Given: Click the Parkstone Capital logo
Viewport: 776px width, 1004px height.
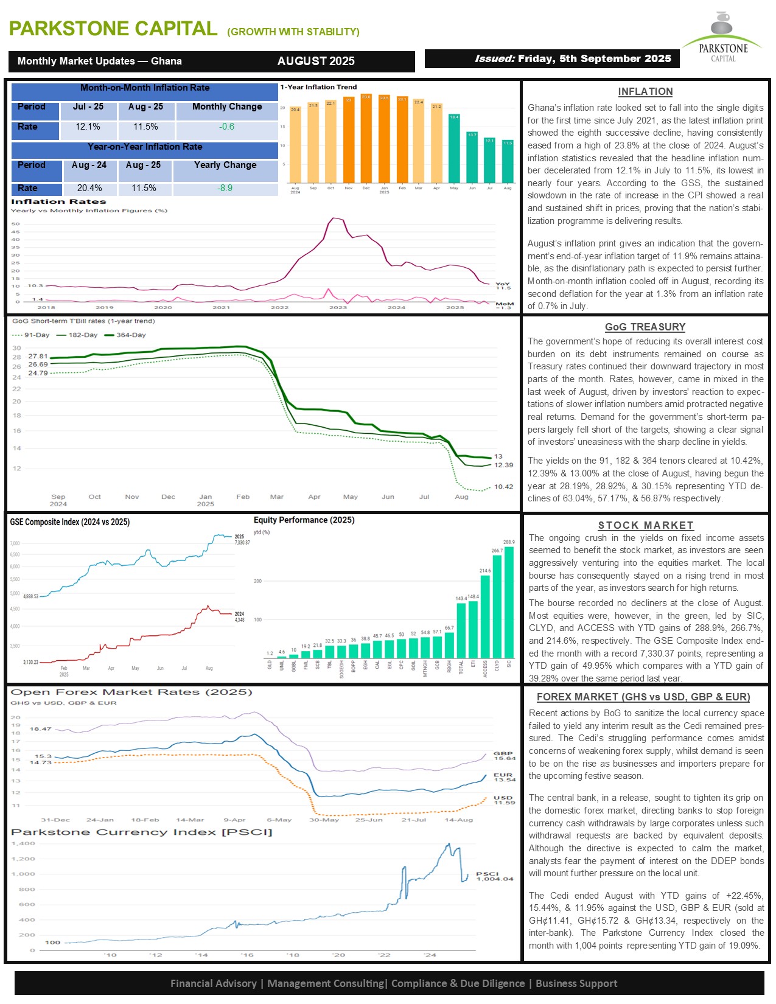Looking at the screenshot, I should coord(722,37).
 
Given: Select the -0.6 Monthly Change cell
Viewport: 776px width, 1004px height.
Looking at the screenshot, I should coord(226,127).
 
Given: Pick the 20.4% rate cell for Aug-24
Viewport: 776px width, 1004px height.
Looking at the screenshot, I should coord(89,189).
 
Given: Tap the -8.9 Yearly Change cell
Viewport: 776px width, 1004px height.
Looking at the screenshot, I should coord(225,189).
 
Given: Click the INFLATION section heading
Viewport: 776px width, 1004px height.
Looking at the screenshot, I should coord(645,92).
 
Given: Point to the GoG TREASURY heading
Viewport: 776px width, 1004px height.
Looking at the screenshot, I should coord(645,327).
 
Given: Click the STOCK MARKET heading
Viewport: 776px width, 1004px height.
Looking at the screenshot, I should coord(645,526).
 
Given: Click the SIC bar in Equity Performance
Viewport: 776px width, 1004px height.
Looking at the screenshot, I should coord(509,602).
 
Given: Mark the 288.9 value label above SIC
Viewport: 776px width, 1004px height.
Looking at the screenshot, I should coord(509,542).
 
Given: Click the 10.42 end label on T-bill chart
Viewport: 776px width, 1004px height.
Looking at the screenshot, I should coord(503,487).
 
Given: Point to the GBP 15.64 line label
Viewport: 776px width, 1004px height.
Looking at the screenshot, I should coord(504,756).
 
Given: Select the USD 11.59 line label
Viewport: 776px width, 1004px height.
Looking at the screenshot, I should coord(504,800).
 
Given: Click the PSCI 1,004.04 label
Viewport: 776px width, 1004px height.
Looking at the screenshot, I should coord(494,876).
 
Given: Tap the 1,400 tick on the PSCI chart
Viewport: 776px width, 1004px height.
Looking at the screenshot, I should coord(24,844).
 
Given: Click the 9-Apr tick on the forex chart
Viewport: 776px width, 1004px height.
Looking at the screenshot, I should coord(234,820).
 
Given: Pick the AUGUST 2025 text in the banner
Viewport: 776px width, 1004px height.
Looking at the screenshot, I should coord(316,61).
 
